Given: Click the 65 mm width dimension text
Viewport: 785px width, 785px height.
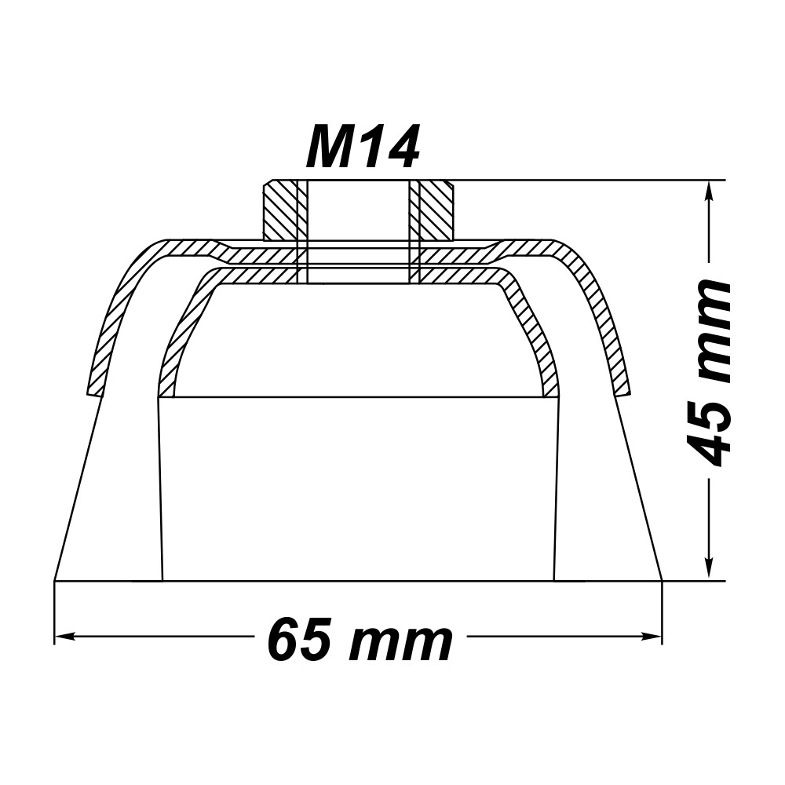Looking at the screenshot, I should pos(360,641).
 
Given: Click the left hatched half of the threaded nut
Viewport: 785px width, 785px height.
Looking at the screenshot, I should pos(279,211).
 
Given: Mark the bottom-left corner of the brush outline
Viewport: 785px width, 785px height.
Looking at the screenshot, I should pos(54,581).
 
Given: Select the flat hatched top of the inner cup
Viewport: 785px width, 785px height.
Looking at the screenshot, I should pos(359,276).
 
